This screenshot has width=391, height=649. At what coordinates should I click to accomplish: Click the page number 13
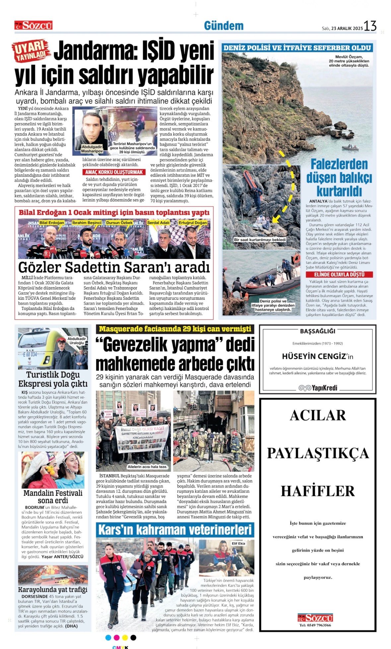click(x=370, y=26)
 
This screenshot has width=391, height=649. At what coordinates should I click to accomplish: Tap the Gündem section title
click(x=224, y=26)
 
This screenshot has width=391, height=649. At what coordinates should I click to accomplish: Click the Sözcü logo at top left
click(x=33, y=25)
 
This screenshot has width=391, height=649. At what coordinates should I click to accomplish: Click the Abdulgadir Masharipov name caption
click(x=92, y=149)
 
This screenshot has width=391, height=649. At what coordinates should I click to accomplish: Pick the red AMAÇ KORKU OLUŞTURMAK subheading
click(x=114, y=172)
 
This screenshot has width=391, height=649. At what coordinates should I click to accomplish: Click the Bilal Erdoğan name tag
click(x=52, y=223)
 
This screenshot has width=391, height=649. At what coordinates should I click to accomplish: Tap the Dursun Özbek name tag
click(x=119, y=223)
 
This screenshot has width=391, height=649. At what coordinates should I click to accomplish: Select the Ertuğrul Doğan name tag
click(x=193, y=223)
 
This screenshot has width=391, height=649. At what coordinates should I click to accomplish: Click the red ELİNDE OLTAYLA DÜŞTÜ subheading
click(x=339, y=275)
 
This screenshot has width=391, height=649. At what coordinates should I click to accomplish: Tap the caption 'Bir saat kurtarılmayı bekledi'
click(x=260, y=239)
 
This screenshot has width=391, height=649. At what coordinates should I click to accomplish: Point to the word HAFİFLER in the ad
click(x=318, y=491)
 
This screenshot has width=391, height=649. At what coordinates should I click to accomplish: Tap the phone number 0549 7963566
click(x=315, y=625)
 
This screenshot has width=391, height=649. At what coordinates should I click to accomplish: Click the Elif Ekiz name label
click(x=238, y=543)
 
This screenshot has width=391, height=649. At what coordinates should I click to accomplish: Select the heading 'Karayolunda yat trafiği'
click(x=53, y=589)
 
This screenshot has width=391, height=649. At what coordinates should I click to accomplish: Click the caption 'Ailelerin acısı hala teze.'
click(x=148, y=467)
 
